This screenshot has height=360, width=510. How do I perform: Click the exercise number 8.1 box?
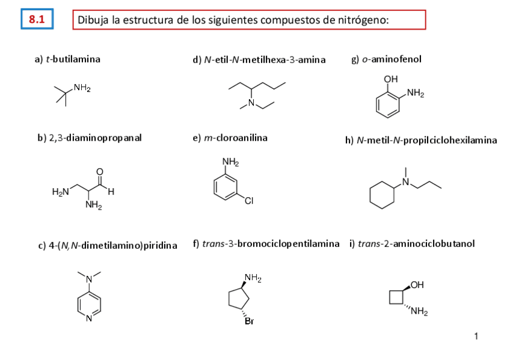tap(37, 19)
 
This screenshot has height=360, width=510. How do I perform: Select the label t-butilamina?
tap(67, 59)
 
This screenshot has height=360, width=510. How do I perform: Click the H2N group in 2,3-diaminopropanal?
tap(60, 192)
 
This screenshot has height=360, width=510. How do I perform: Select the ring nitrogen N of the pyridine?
tap(89, 318)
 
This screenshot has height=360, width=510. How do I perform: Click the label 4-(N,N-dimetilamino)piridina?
tap(108, 245)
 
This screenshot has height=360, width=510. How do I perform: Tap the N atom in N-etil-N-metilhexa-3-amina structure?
tap(251, 105)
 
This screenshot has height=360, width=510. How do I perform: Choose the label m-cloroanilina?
tap(230, 138)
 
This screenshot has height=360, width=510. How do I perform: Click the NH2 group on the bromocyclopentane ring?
tap(253, 278)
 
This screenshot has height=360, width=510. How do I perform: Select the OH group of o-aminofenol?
tap(391, 79)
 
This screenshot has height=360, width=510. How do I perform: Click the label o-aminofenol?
tap(386, 59)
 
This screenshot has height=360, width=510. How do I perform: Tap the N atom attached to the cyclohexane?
tap(405, 182)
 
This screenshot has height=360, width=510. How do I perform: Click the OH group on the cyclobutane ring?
tap(418, 284)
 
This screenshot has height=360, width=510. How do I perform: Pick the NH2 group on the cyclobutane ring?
tap(420, 311)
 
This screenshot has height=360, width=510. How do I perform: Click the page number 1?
tap(476, 337)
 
